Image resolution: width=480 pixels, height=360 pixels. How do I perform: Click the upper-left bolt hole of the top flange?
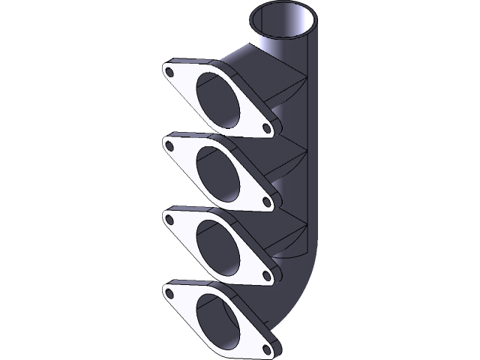[x=170, y=73]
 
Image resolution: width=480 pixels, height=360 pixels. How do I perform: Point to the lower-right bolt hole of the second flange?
[x=266, y=202]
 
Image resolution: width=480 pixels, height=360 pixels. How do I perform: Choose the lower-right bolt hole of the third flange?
[x=266, y=275]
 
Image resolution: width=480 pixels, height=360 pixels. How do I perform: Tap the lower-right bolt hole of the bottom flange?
[x=267, y=347]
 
